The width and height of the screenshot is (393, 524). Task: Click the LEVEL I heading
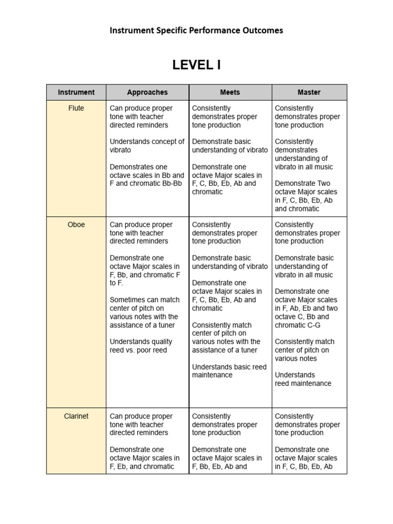click(196, 65)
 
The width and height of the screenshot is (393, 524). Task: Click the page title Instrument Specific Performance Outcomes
click(196, 30)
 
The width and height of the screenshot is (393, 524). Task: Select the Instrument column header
click(76, 92)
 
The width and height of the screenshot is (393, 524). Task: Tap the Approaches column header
click(147, 92)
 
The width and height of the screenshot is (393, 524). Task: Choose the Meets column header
click(230, 92)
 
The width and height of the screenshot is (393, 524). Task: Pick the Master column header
click(309, 92)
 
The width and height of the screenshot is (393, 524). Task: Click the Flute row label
click(76, 108)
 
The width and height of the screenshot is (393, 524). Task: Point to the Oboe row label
click(76, 224)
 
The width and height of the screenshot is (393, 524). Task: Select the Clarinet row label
click(76, 416)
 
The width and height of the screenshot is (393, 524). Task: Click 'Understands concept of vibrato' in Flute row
click(147, 146)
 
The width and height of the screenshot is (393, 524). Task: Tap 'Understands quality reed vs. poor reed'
click(141, 346)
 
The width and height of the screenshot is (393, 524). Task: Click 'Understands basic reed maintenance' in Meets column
click(229, 371)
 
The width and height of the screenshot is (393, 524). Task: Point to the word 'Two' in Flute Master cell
click(323, 183)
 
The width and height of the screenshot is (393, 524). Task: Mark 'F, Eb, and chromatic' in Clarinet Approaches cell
click(142, 466)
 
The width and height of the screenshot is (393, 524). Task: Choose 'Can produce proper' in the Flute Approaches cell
click(141, 108)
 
